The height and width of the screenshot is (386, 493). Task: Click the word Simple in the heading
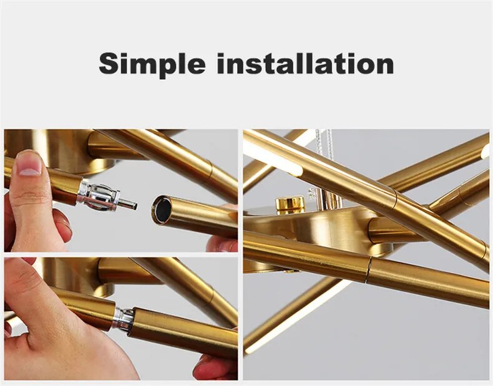point(152,64)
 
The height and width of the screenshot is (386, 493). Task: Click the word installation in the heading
point(305,64)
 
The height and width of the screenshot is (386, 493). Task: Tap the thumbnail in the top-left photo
point(29,163)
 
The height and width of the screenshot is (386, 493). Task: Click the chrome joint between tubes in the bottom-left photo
point(124,318)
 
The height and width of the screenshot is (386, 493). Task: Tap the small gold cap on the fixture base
point(290,203)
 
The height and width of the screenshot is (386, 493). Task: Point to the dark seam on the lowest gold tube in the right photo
point(369,269)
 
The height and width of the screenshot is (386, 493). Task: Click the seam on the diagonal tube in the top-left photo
point(211,170)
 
